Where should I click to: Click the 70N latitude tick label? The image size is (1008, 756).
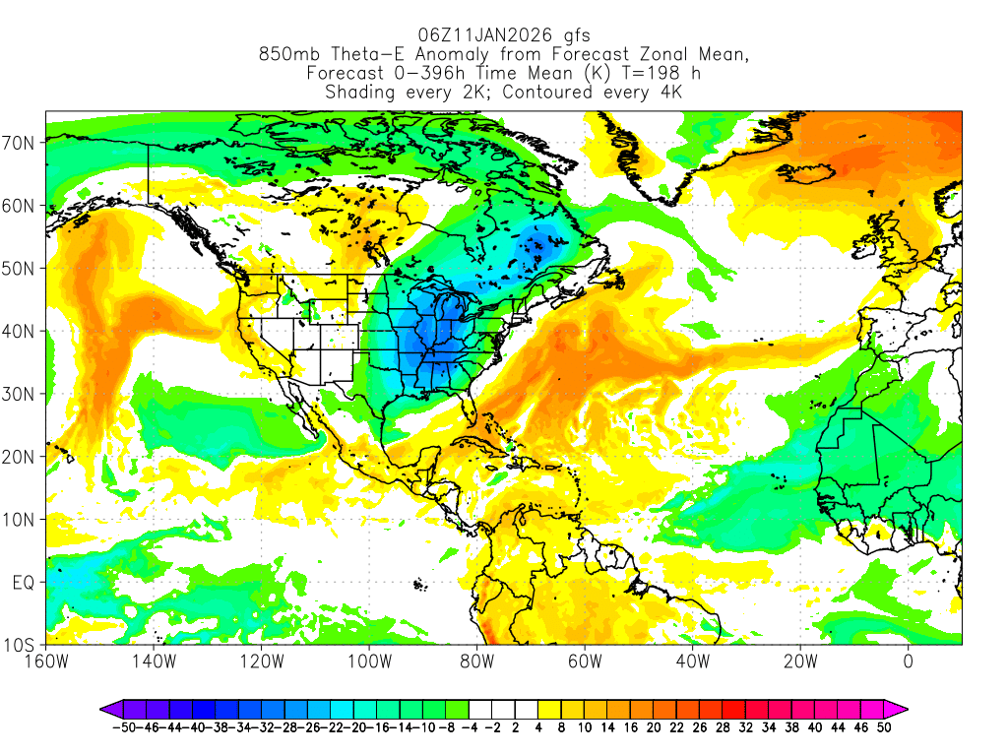22,143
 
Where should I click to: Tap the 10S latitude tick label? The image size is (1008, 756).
22,646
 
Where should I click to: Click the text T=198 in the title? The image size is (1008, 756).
641,74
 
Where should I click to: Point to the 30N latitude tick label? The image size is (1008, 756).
22,394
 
